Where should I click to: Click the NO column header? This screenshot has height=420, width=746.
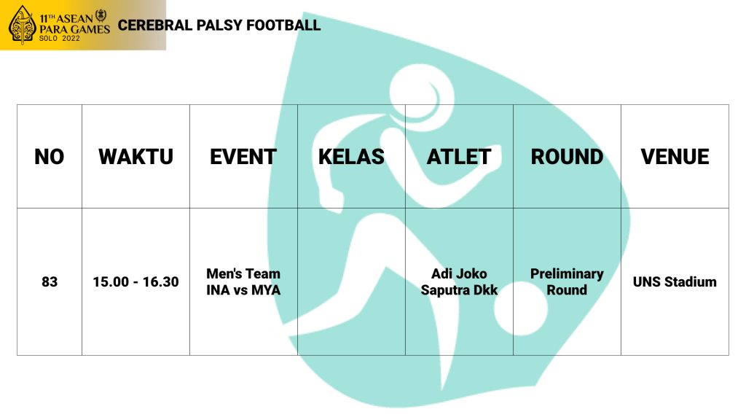click(x=49, y=157)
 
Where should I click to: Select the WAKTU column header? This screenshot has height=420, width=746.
click(x=136, y=157)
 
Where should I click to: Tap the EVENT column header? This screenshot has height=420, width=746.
click(x=243, y=157)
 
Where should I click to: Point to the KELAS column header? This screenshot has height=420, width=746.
click(x=351, y=157)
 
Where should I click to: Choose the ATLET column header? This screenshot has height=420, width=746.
click(x=459, y=157)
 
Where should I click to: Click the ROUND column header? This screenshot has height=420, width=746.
click(x=567, y=157)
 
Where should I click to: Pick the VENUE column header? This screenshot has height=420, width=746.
click(x=675, y=157)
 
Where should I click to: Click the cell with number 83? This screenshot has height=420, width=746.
click(x=50, y=282)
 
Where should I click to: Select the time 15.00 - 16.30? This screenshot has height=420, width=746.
click(x=136, y=282)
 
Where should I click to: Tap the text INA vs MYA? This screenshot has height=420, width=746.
click(x=243, y=290)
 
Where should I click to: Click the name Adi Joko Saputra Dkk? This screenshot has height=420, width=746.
click(x=459, y=282)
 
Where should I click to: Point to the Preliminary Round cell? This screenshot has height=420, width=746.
click(x=567, y=282)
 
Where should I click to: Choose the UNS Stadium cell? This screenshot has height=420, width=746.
click(x=675, y=282)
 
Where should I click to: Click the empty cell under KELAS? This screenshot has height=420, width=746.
click(x=352, y=281)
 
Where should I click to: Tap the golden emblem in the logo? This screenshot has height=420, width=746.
click(x=22, y=25)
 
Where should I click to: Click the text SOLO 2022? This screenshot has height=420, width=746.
click(x=60, y=38)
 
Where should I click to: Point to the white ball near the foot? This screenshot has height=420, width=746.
click(x=521, y=308)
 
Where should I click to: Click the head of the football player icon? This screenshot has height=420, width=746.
click(x=422, y=93)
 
